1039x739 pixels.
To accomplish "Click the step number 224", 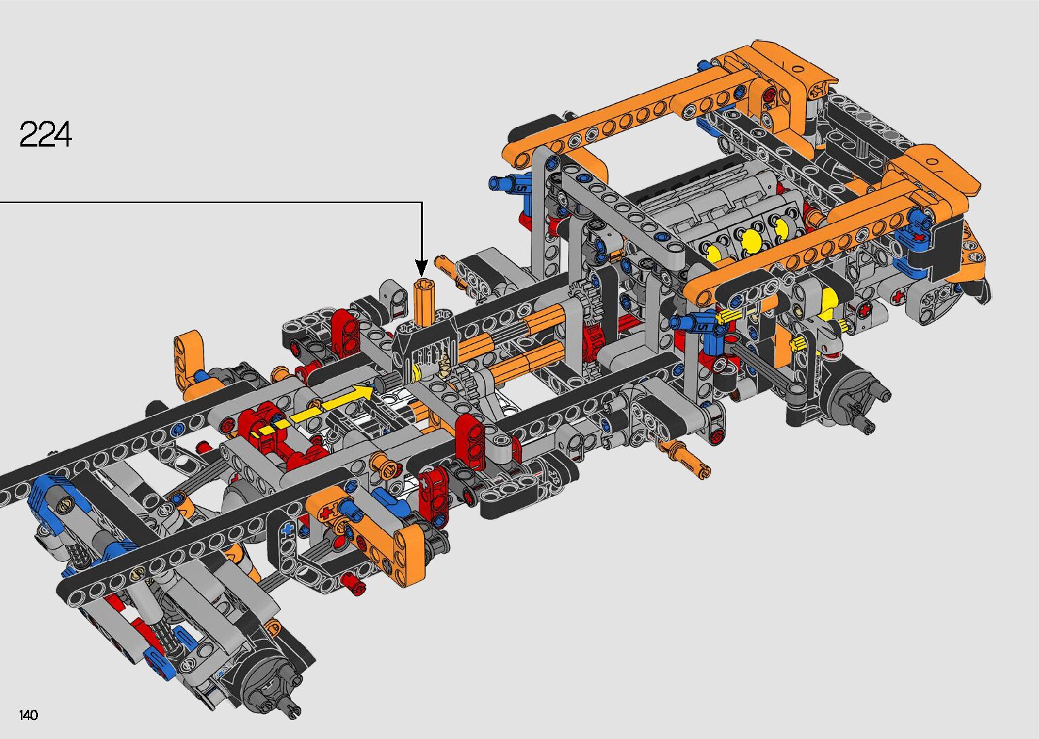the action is click(45, 134).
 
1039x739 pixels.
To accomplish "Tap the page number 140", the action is click(29, 715).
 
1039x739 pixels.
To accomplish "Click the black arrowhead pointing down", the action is click(421, 268).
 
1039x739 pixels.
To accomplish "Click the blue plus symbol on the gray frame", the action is click(289, 528).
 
